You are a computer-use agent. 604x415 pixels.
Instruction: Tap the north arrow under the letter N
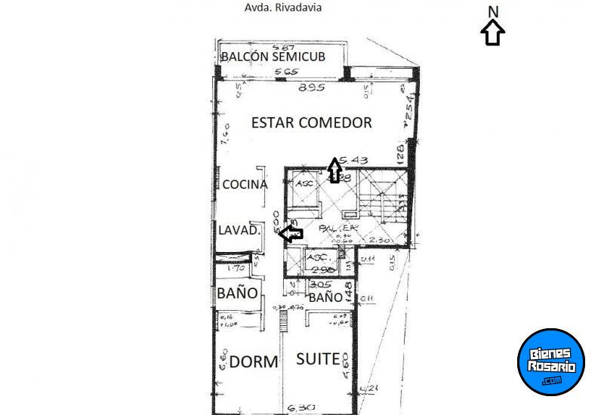[493, 33]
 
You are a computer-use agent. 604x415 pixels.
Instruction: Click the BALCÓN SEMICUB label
[279, 57]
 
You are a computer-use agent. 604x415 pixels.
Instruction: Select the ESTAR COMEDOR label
[311, 122]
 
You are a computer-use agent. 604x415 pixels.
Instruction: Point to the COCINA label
[245, 185]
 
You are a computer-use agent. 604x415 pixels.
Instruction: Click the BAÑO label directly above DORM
[237, 293]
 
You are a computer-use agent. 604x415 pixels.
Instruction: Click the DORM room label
[254, 361]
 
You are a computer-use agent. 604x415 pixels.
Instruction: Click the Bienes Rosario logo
[553, 361]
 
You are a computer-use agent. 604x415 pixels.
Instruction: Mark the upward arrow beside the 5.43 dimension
[334, 170]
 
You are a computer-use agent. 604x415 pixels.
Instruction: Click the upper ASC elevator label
[306, 183]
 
